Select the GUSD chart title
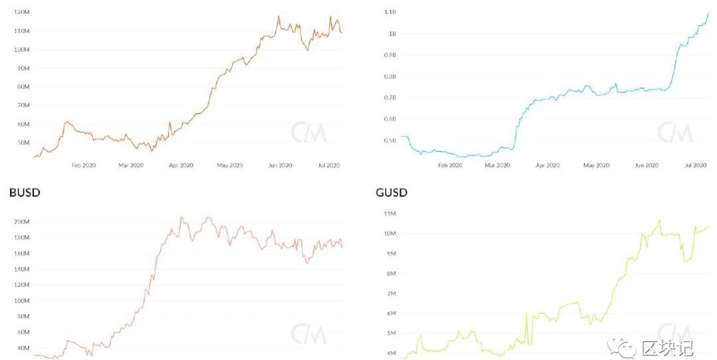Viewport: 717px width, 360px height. point(392,193)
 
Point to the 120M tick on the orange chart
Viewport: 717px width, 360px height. point(22,13)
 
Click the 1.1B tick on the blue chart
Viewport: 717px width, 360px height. point(390,13)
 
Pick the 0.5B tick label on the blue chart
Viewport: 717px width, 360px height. point(390,140)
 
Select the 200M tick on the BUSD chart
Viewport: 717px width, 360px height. point(22,222)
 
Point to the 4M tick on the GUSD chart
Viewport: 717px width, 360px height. point(391,353)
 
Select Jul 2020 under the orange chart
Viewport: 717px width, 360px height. point(329,165)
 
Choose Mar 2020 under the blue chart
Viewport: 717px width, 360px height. point(498,165)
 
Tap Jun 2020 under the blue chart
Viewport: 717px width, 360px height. point(646,165)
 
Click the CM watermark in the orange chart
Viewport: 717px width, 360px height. point(309,132)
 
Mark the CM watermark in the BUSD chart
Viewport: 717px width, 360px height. point(309,334)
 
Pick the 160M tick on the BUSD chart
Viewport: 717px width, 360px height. point(22,253)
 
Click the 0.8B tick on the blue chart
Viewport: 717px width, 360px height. point(390,76)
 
